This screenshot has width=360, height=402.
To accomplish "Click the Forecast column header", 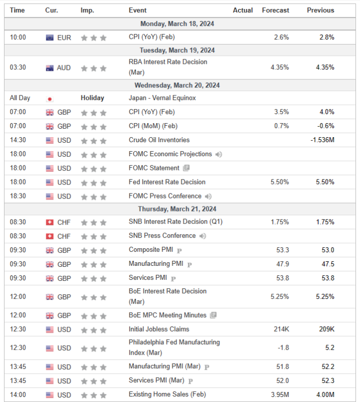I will tap(275, 10).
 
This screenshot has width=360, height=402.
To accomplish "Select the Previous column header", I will tap(320, 10).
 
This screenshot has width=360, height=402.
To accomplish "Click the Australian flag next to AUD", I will tap(50, 68).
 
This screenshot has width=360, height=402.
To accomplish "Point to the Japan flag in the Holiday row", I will tap(50, 98).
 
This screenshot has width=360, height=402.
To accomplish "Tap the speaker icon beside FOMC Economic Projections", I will tap(219, 154).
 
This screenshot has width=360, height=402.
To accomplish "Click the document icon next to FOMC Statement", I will tap(186, 168).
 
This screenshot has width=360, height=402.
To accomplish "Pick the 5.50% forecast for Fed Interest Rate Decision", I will tap(279, 182).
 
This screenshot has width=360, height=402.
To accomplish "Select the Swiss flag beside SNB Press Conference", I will tap(50, 236).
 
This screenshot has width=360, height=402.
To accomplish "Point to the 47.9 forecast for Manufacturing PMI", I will tap(282, 264).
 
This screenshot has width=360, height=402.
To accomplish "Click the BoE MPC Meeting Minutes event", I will tap(167, 315).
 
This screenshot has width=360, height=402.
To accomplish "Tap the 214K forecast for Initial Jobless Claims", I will tap(281, 329).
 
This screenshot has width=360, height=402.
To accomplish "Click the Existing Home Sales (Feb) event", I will tap(167, 394).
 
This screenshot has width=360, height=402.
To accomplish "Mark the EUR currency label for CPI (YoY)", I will tap(64, 37).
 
